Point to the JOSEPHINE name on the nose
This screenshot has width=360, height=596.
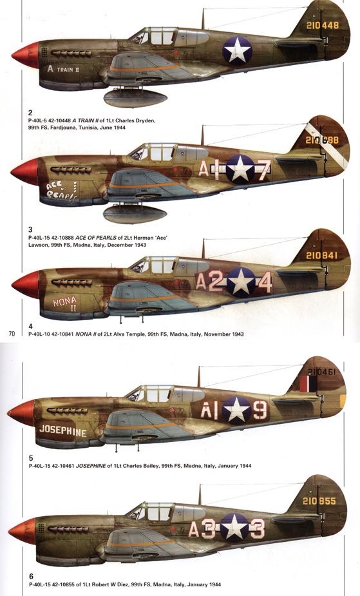point(62,431)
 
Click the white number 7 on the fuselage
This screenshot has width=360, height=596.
point(263,169)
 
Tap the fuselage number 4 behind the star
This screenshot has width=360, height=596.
point(265,282)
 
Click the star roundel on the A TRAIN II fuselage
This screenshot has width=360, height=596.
point(238,50)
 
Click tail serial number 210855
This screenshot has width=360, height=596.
point(320,501)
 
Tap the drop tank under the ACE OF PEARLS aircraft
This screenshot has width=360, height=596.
point(136,213)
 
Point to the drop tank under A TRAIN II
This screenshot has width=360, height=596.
point(136,97)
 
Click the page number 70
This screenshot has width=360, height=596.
point(11,334)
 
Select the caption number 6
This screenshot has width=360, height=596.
point(31,575)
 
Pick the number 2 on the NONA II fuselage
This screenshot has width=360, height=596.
point(216,282)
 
